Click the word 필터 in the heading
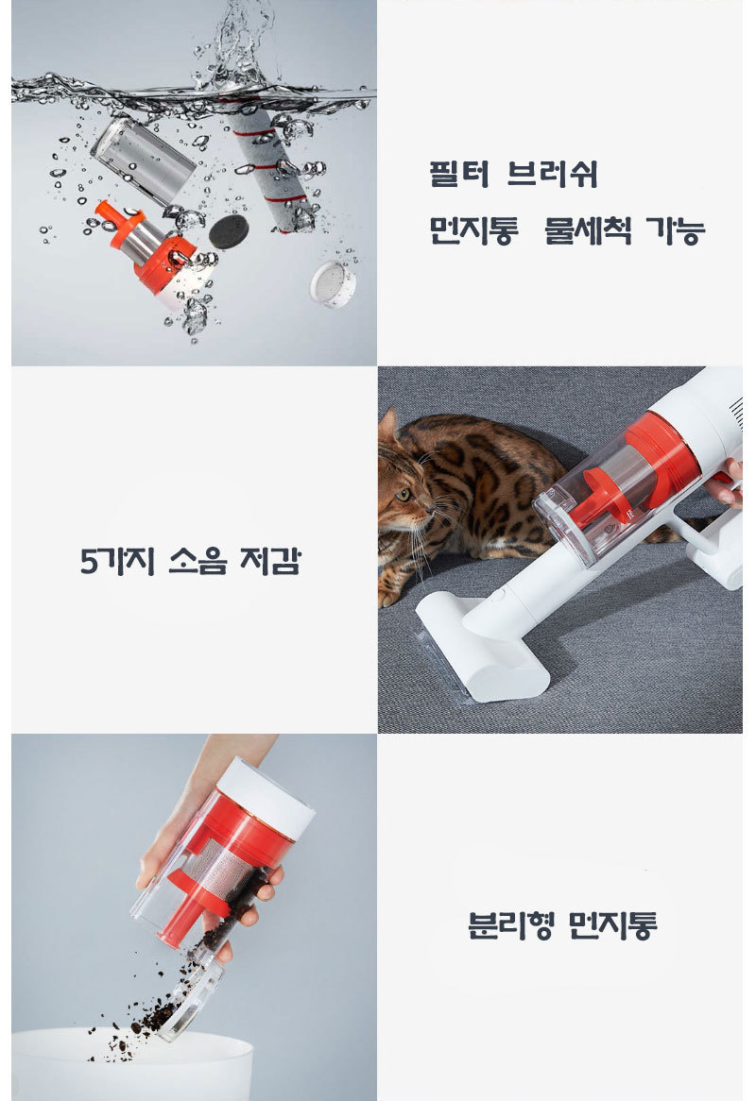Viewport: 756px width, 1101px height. tap(459, 174)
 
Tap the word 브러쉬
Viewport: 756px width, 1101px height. tap(552, 174)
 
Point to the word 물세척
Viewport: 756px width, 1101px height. tap(588, 230)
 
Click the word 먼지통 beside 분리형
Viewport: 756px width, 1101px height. tap(612, 925)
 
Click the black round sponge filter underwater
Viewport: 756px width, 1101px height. tap(229, 231)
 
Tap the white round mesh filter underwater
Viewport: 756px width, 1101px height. tap(333, 283)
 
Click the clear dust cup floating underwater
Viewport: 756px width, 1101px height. tap(144, 161)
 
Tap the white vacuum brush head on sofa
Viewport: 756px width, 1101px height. tap(481, 650)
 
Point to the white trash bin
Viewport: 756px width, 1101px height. tap(132, 1065)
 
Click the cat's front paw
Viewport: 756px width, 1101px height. tap(388, 596)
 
